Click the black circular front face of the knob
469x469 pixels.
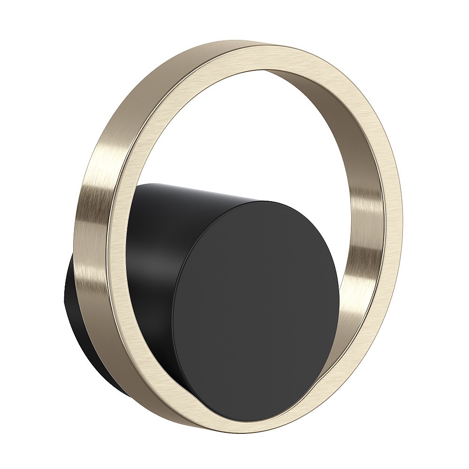[x=256, y=305]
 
